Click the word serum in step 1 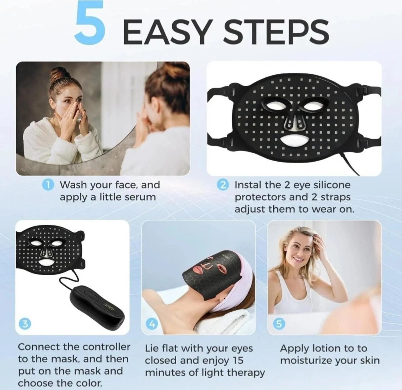click(x=140, y=197)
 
